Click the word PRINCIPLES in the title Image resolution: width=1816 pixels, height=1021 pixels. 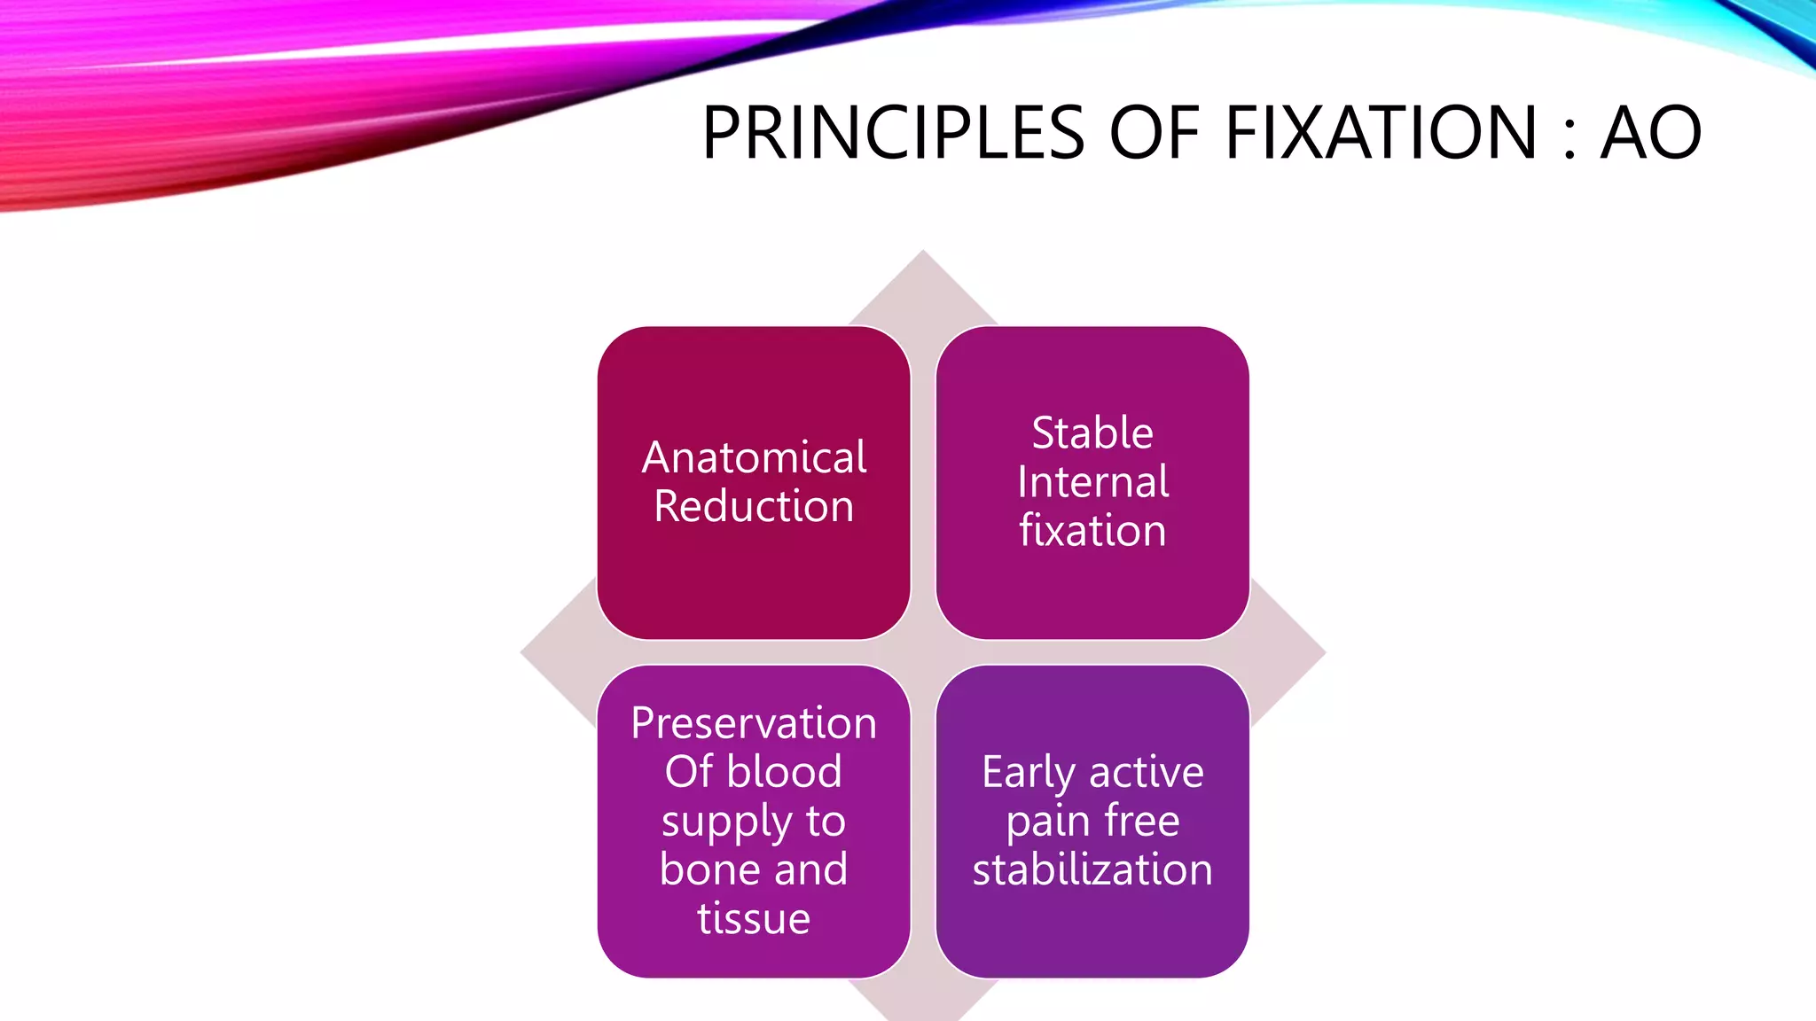893,133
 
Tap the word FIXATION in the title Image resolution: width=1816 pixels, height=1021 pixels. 1381,133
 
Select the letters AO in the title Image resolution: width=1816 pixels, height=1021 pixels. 1650,133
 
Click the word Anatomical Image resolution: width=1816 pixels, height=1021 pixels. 754,458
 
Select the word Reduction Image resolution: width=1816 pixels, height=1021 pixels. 754,506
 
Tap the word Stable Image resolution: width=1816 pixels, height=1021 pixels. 1092,433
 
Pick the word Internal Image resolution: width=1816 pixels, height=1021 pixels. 1092,482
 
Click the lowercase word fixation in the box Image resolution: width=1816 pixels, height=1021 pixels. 1092,531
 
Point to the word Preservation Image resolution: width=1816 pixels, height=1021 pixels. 754,723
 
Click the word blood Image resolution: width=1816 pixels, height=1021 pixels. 784,772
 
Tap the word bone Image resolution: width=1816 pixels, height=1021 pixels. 702,869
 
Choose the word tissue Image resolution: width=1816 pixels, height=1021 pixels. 754,918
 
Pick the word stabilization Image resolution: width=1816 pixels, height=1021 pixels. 1092,869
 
